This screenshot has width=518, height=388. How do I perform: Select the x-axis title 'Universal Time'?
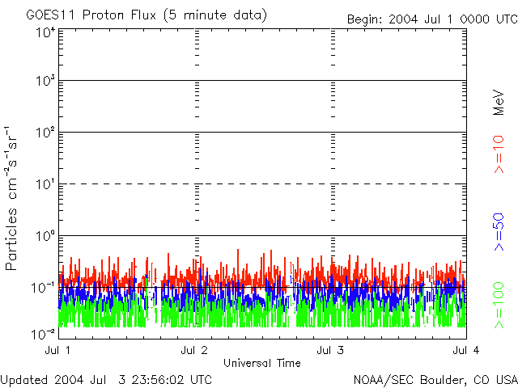(x=261, y=363)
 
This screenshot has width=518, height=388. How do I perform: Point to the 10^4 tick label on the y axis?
(x=45, y=33)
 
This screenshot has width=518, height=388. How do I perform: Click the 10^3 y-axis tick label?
(x=45, y=82)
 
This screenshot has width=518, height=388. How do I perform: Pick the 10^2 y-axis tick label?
(x=45, y=133)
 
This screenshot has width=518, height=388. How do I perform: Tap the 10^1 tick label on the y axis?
(x=45, y=185)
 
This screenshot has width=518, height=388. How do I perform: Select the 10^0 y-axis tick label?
(x=45, y=237)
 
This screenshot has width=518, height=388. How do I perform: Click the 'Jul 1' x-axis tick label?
(x=59, y=350)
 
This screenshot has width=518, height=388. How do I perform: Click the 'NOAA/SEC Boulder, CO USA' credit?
(x=435, y=379)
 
